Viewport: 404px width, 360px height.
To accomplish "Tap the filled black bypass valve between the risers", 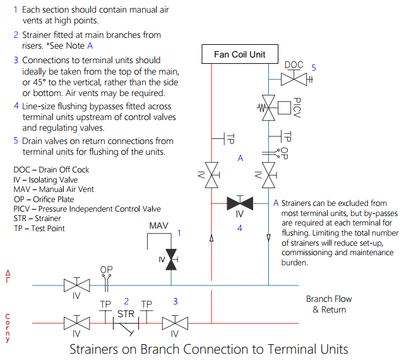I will (x=240, y=203).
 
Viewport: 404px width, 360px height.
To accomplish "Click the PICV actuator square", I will (x=285, y=107).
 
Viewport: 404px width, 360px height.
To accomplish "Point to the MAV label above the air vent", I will (x=158, y=225).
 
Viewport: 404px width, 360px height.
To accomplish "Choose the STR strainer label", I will (x=126, y=313).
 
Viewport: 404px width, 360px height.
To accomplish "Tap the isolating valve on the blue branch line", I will (x=76, y=285).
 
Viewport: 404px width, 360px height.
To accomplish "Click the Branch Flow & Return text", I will (x=329, y=304).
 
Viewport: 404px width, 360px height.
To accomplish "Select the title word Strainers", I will (x=97, y=349).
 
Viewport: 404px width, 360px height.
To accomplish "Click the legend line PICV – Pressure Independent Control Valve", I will (x=87, y=208).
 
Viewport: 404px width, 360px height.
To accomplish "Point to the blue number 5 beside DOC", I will (x=313, y=67).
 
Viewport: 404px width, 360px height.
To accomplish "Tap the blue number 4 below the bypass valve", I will (x=240, y=228).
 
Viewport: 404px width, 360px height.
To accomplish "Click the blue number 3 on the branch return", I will (x=175, y=301).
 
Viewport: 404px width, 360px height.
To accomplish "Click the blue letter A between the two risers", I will (x=241, y=159).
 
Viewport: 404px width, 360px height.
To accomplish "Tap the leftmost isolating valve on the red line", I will (x=76, y=323).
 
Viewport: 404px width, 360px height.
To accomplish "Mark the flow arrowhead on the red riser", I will (x=211, y=238).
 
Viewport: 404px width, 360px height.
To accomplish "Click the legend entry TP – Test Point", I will (x=39, y=228).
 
